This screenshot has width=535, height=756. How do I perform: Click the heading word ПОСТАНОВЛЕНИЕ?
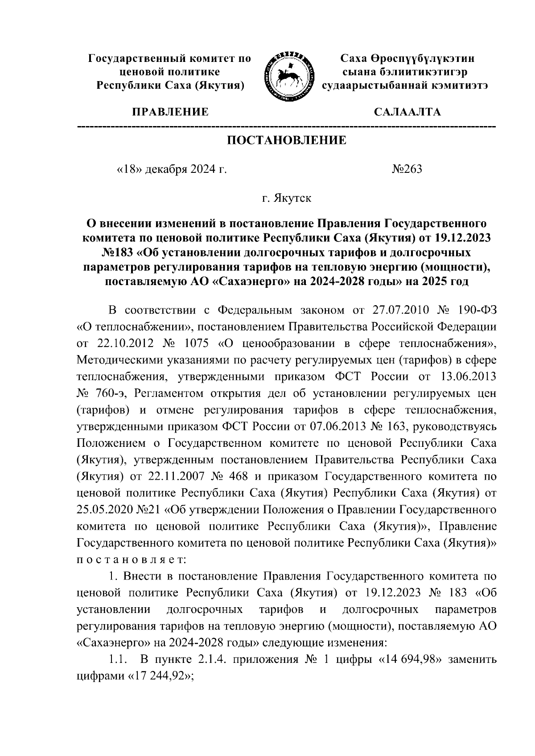pyautogui.click(x=287, y=140)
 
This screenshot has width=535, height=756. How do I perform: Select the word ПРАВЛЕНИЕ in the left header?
pyautogui.click(x=170, y=112)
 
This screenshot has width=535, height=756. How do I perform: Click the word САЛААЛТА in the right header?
pyautogui.click(x=407, y=112)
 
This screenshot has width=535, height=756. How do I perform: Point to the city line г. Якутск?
pyautogui.click(x=287, y=198)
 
